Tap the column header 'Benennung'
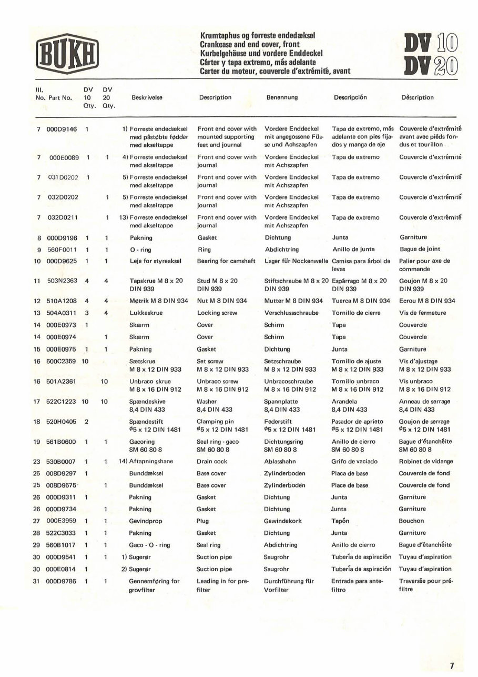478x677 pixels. (x=281, y=97)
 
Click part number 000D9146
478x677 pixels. (x=62, y=128)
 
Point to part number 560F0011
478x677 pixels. (x=63, y=249)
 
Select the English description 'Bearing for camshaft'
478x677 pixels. (x=226, y=261)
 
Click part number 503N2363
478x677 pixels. (x=63, y=281)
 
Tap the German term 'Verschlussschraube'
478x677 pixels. (x=291, y=313)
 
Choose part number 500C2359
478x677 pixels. (x=63, y=361)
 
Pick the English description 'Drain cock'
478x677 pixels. (x=212, y=461)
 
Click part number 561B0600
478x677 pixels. (x=63, y=441)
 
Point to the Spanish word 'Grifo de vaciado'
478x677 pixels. (x=355, y=461)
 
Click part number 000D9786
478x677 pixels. (x=62, y=581)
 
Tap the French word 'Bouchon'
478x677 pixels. (x=411, y=521)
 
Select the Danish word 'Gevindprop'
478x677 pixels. (x=144, y=521)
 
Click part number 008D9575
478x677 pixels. (x=63, y=485)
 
